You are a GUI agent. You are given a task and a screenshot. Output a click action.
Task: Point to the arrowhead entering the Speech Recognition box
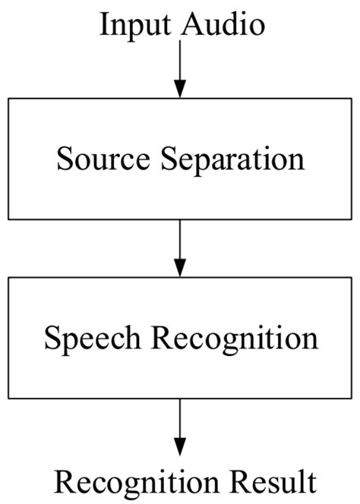tap(180, 269)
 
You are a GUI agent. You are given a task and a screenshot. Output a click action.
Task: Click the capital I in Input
tap(104, 25)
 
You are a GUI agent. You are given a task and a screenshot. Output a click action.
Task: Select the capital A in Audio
tap(190, 25)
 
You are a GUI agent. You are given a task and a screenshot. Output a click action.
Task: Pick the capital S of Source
tap(63, 160)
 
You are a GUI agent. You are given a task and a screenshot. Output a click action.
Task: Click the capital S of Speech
tap(50, 337)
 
